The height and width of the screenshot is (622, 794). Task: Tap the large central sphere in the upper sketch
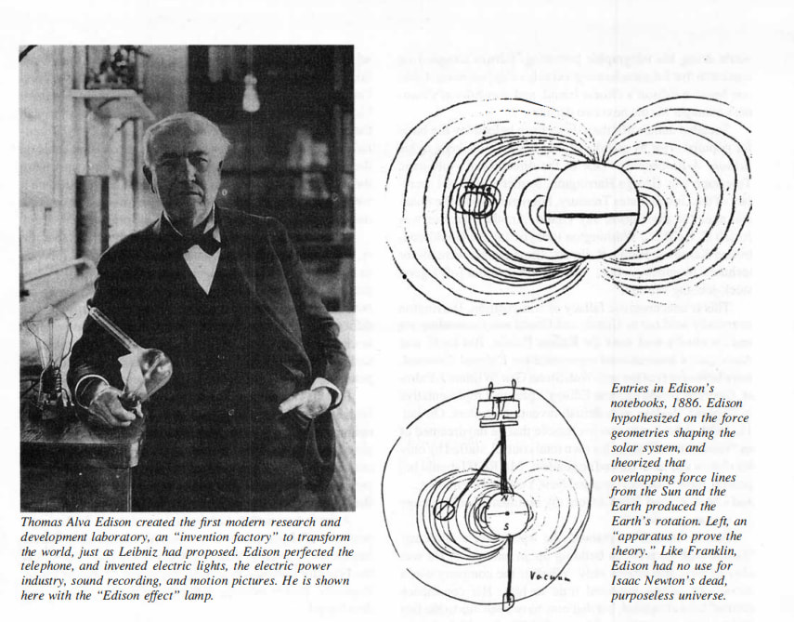592,210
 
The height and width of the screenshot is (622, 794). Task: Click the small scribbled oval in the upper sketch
475,198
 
